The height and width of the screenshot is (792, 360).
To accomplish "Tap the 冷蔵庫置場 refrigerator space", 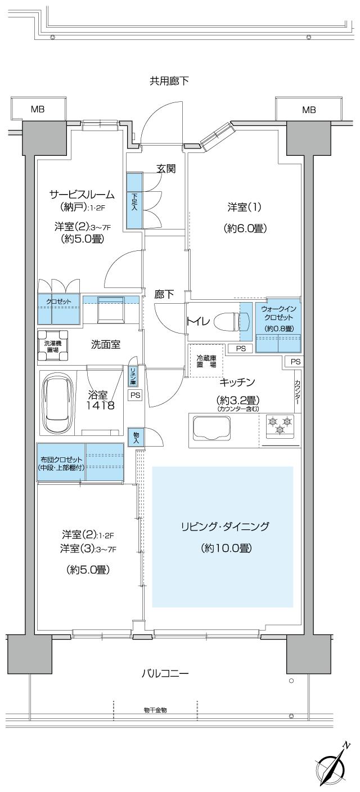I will click(x=206, y=361).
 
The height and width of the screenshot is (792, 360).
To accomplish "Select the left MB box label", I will click(x=38, y=110).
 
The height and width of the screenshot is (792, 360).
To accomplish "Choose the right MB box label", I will click(x=309, y=110).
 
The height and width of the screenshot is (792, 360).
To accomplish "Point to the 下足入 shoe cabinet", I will click(x=134, y=201).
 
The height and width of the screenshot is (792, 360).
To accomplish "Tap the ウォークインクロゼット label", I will click(x=278, y=318).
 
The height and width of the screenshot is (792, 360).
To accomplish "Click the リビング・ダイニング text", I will click(x=225, y=526).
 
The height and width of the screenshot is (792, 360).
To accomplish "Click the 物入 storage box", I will click(x=136, y=436).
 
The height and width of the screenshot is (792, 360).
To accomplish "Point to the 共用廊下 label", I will click(x=169, y=81).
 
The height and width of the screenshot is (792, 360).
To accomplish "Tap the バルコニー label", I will click(x=164, y=673).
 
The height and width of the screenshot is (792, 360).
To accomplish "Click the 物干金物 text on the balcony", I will click(x=155, y=710).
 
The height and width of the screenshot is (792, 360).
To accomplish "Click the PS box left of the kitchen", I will click(x=135, y=395).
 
